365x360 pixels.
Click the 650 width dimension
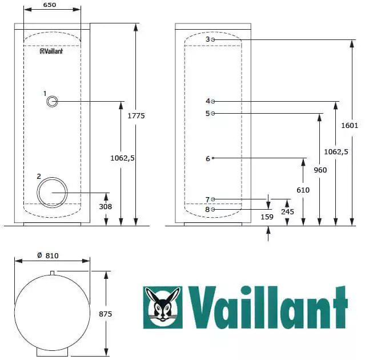coord(50,5)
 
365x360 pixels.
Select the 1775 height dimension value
coord(137,115)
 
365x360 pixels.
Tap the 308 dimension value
coord(106,207)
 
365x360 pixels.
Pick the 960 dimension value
coord(320,170)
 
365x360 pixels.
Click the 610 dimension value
coord(303,190)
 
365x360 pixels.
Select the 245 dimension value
coord(287,211)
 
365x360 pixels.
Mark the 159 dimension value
coord(267,217)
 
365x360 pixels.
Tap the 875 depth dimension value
coord(106,314)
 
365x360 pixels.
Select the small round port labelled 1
coord(52,102)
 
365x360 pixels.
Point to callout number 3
coord(207,39)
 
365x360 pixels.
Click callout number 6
coord(208,159)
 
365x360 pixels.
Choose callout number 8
coord(207,210)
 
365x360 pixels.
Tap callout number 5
coord(207,113)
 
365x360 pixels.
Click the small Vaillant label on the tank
coord(51,51)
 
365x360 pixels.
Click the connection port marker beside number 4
coord(213,101)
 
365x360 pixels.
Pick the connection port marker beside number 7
coord(213,199)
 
